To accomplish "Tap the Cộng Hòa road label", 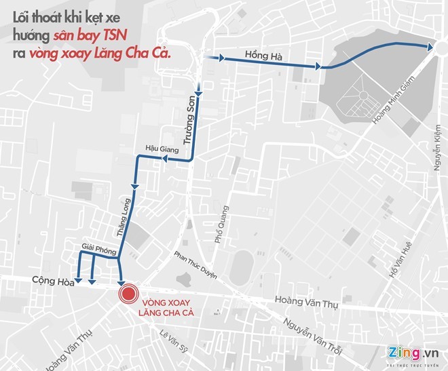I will click(51, 279).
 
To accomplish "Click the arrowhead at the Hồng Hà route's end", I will click(430, 46).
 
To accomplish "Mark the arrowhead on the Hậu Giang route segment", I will click(163, 158).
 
